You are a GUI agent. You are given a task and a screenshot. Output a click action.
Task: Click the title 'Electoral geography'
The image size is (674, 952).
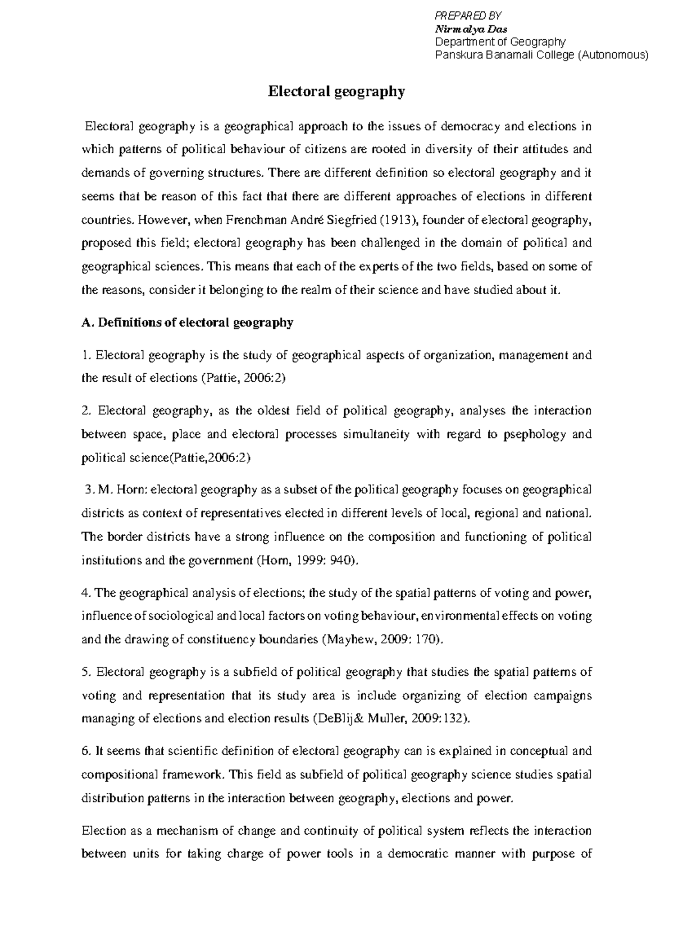pos(336,91)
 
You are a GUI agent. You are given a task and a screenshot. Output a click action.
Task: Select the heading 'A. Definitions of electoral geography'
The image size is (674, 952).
pos(188,323)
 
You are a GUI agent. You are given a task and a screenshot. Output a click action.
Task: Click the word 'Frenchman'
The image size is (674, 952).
pos(256,220)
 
